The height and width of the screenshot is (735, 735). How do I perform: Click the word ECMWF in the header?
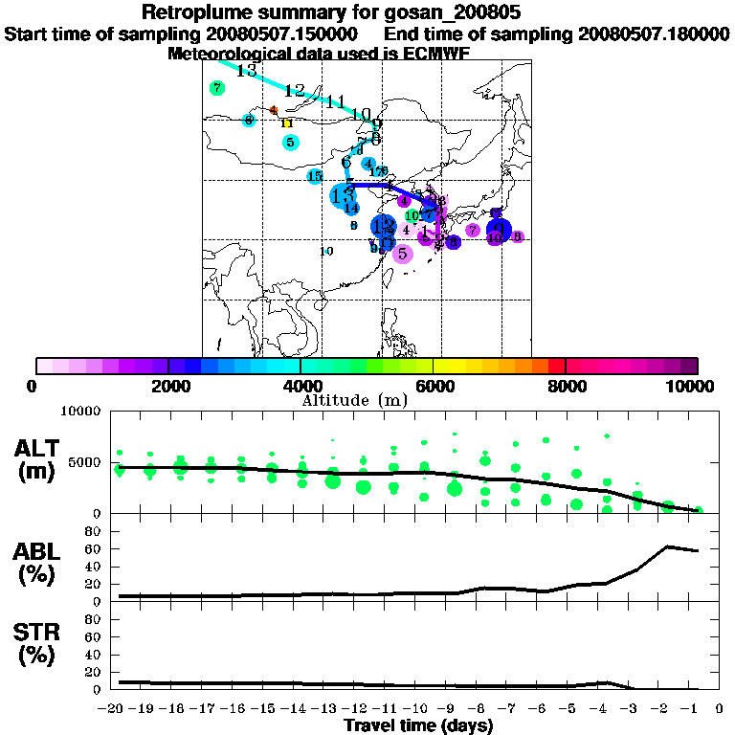(433, 54)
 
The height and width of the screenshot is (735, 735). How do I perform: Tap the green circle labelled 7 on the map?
(217, 88)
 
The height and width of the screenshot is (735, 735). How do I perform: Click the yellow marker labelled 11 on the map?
(286, 123)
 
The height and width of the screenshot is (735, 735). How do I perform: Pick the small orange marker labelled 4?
(274, 110)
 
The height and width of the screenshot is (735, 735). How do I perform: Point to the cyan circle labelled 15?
(315, 175)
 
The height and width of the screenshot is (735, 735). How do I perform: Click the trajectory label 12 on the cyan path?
(295, 91)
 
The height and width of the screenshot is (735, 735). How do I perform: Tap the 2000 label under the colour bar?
(168, 386)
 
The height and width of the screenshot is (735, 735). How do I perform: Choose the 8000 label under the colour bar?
(566, 386)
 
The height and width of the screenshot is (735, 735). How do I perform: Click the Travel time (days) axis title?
(418, 725)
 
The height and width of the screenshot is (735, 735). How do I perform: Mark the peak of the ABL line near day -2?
(668, 546)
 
